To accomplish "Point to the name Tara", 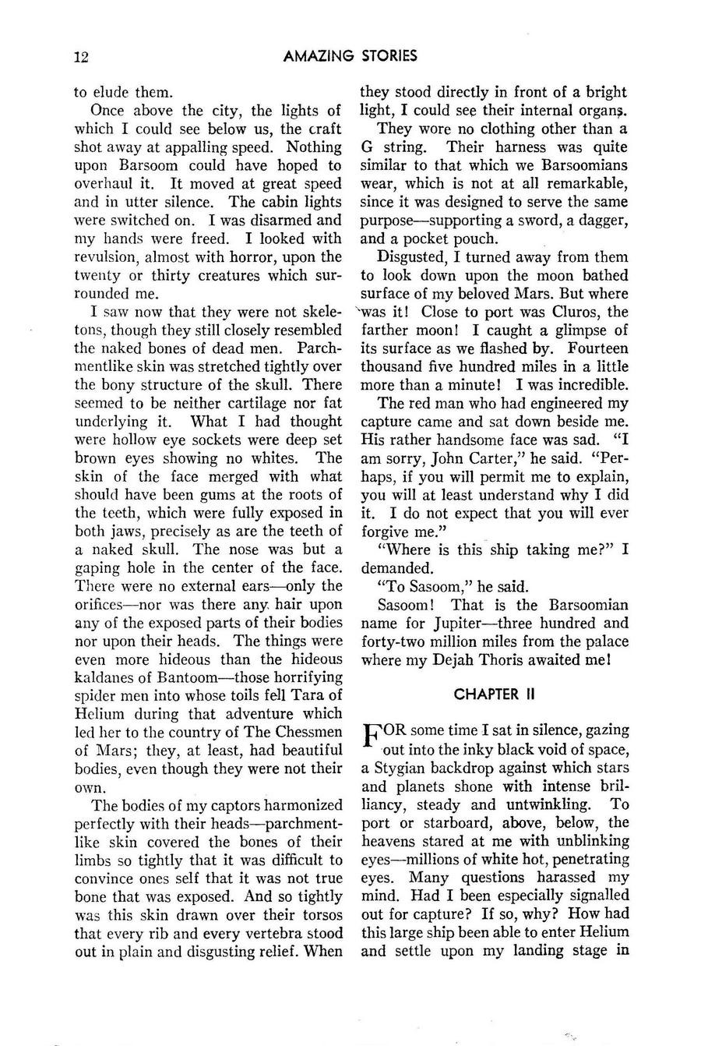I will pos(309,694).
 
